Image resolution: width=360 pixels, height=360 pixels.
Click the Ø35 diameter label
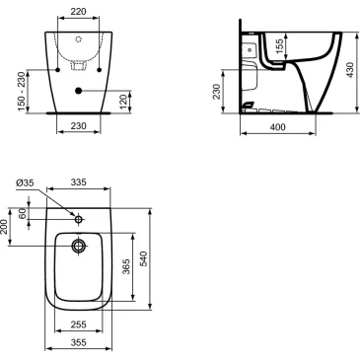22,183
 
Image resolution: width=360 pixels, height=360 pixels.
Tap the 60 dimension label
24,214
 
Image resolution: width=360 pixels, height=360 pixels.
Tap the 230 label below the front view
79,126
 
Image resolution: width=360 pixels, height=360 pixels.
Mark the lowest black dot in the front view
79,92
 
